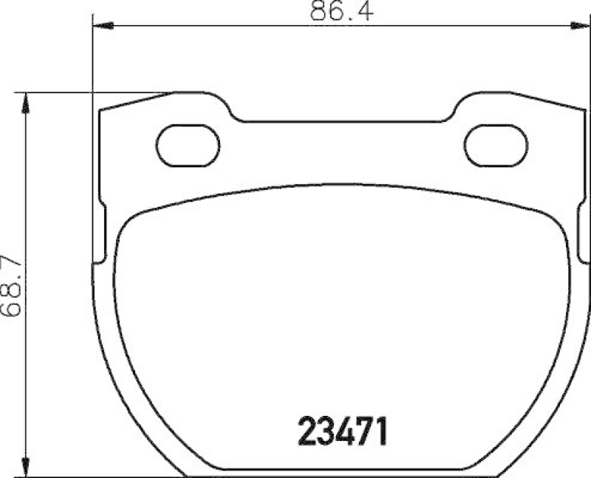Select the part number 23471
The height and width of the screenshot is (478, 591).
(x=342, y=431)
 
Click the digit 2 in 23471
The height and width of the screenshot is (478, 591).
(x=307, y=431)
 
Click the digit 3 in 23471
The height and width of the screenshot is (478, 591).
(x=326, y=431)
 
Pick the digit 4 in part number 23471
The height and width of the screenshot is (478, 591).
(x=343, y=431)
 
